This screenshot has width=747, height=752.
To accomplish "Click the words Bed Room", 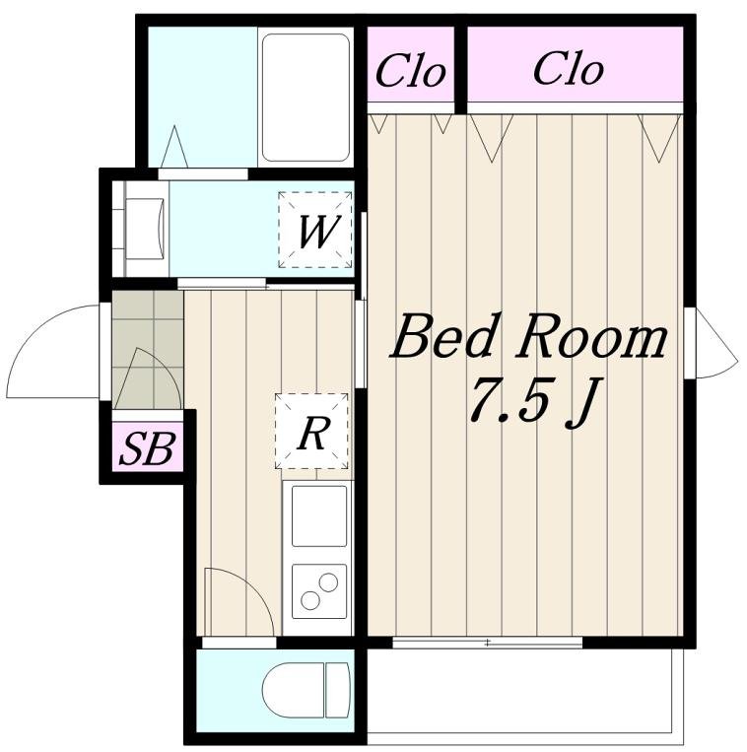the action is [x=528, y=336].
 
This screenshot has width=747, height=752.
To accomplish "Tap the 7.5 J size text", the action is [x=532, y=402].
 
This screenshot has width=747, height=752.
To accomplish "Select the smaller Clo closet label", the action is [x=410, y=72].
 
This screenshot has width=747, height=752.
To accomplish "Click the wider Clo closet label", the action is [x=569, y=70].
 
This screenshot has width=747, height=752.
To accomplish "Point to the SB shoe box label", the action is [x=147, y=448].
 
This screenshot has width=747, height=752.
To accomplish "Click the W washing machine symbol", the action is [x=315, y=230].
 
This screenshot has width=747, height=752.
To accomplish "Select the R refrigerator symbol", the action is [x=311, y=431].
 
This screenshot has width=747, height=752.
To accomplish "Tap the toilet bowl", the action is [x=294, y=691].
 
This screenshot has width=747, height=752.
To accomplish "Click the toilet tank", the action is [x=337, y=691].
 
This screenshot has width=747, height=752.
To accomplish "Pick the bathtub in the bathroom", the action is [x=306, y=98].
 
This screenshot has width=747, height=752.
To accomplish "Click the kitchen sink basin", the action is [x=319, y=515].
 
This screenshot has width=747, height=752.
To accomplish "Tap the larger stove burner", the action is [x=328, y=583].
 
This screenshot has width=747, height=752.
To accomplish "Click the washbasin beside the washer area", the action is [x=145, y=230].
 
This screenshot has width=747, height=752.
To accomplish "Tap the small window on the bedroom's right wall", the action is [x=690, y=343].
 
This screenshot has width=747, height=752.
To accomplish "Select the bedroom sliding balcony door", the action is [x=487, y=643].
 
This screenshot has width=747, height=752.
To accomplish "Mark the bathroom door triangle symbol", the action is [x=174, y=146].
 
